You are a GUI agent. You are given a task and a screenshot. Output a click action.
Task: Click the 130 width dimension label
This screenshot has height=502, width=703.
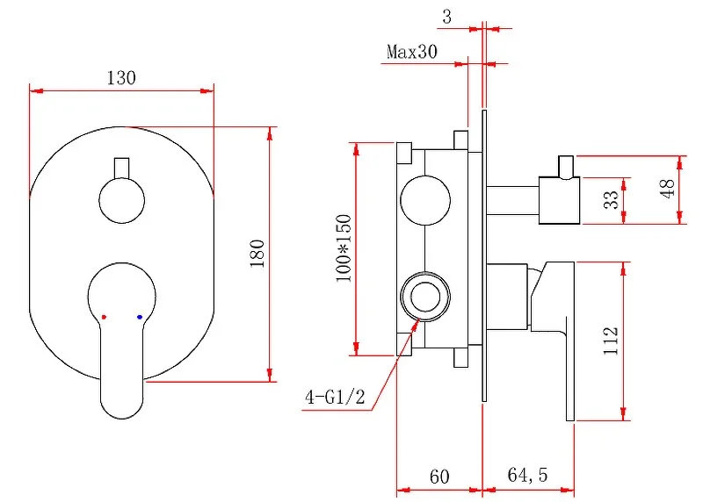tap(121, 77)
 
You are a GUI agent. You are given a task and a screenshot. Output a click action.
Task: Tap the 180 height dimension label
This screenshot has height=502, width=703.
tap(257, 254)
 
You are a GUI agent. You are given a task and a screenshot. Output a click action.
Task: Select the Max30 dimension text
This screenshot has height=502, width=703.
tap(411, 52)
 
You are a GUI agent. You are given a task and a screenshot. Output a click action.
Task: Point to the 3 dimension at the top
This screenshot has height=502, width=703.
tap(447, 16)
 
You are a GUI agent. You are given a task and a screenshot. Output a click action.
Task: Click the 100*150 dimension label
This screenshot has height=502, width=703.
tap(343, 247)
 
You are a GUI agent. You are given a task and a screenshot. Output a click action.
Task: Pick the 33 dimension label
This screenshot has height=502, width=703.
tap(612, 199)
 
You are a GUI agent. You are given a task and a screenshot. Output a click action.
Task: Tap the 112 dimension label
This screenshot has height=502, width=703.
tap(612, 340)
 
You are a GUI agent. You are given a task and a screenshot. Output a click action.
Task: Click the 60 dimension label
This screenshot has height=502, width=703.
tap(439, 477)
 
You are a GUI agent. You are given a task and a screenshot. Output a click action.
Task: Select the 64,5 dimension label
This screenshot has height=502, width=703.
tap(527, 477)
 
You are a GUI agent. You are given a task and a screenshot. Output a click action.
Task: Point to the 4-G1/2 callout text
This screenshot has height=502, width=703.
tap(334, 398)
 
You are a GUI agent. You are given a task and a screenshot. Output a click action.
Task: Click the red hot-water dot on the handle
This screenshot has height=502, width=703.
tap(104, 316)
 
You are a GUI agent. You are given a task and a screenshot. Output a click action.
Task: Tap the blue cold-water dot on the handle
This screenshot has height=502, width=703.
tap(140, 316)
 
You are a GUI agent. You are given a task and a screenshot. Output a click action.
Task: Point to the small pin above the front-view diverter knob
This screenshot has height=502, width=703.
tap(121, 167)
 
